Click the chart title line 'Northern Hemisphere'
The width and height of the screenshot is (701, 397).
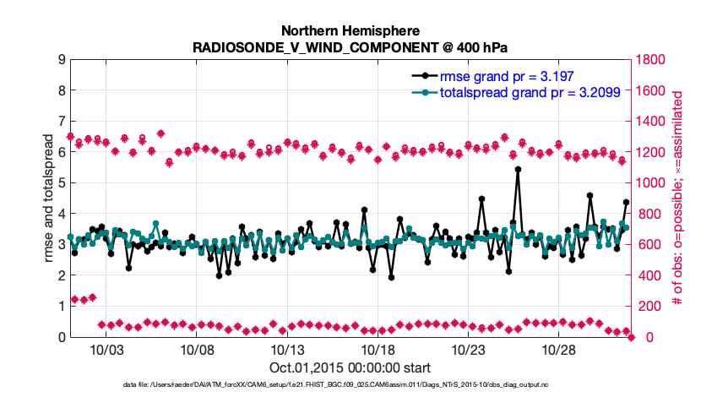click(350, 30)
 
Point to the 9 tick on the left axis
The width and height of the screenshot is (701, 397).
click(62, 59)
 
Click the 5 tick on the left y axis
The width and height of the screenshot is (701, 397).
click(62, 182)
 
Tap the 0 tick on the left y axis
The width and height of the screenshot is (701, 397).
click(62, 337)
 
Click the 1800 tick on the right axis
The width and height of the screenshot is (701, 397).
click(653, 59)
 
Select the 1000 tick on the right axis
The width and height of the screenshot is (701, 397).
click(653, 182)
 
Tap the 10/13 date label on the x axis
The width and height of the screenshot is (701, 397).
click(287, 350)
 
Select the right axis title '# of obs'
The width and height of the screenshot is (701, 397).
click(677, 198)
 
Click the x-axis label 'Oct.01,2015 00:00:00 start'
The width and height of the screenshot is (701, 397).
click(350, 367)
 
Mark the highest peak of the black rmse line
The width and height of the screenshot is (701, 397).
click(518, 169)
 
